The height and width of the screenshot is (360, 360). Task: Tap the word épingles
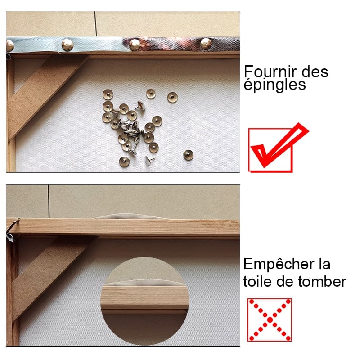click(274, 85)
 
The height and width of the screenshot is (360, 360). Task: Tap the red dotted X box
click(270, 320)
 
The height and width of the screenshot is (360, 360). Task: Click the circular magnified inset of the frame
click(144, 301)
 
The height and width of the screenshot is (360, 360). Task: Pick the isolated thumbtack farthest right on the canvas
click(188, 155)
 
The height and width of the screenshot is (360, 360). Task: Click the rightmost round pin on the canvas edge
click(206, 44)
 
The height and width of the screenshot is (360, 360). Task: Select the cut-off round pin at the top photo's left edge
click(9, 46)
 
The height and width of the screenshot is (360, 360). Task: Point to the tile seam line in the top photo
click(95, 24)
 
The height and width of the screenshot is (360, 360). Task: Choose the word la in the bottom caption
click(324, 264)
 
